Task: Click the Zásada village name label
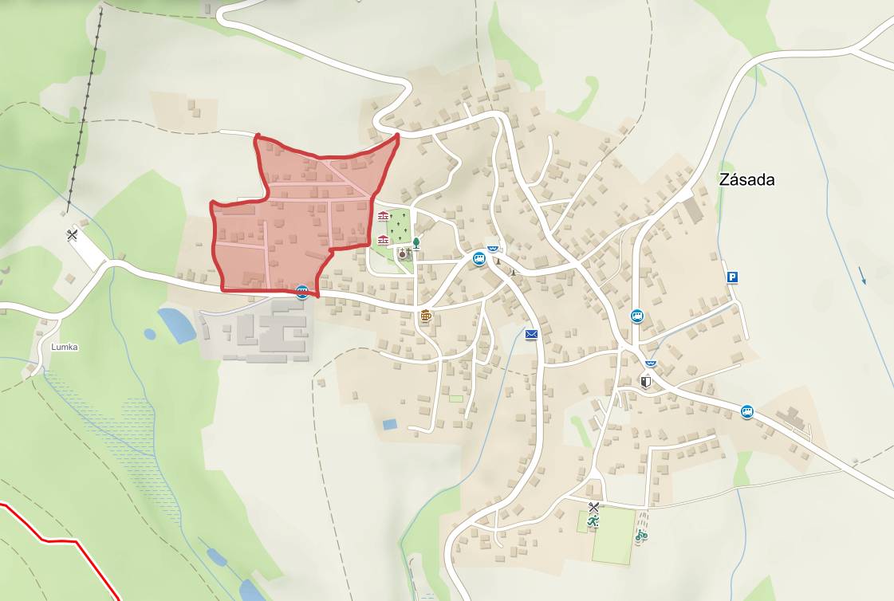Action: pyautogui.click(x=746, y=180)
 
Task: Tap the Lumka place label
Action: pyautogui.click(x=65, y=348)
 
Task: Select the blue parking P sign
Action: pyautogui.click(x=732, y=277)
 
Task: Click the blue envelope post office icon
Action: pyautogui.click(x=532, y=335)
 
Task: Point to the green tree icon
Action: pyautogui.click(x=415, y=242)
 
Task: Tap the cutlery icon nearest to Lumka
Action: pyautogui.click(x=73, y=235)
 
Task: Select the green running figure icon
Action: pyautogui.click(x=593, y=521)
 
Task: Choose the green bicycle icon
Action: pyautogui.click(x=641, y=536)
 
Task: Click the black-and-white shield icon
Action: pyautogui.click(x=646, y=382)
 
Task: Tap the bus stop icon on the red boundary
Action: pyautogui.click(x=302, y=292)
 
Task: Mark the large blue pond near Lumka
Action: pyautogui.click(x=176, y=324)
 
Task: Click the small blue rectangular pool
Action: pyautogui.click(x=390, y=424)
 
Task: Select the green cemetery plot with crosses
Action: pyautogui.click(x=399, y=226)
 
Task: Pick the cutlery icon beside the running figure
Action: pyautogui.click(x=593, y=507)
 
